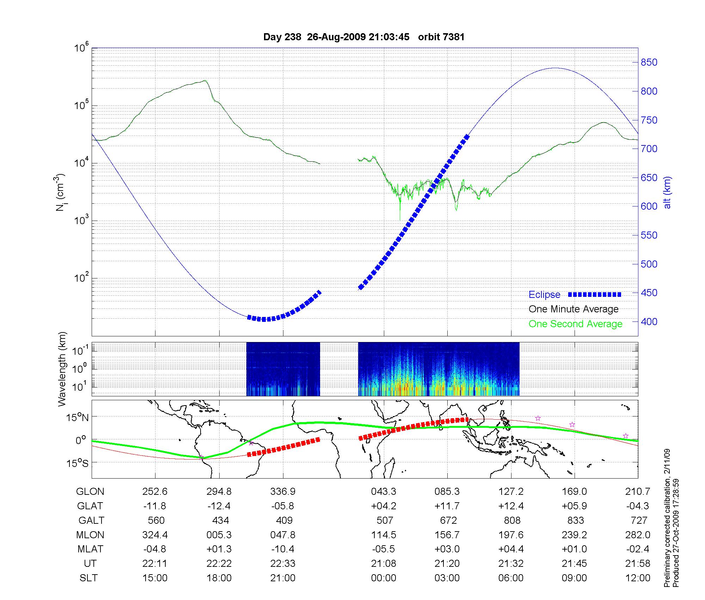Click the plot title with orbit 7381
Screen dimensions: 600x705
[x=364, y=37]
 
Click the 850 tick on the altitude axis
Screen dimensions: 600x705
[x=649, y=62]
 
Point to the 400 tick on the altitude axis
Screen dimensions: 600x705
[x=649, y=322]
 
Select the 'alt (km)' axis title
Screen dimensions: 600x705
[x=667, y=192]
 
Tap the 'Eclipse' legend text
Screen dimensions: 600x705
[x=544, y=295]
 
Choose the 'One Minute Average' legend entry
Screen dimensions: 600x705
[x=574, y=309]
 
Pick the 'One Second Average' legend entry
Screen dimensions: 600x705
[x=575, y=324]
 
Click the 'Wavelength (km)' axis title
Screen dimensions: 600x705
[x=62, y=369]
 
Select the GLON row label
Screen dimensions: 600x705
[x=90, y=492]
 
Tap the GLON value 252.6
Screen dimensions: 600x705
[x=155, y=492]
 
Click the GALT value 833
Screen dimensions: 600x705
[x=575, y=521]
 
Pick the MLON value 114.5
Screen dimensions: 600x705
[x=384, y=535]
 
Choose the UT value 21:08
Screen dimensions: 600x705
[x=384, y=564]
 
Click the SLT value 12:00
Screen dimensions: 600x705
[x=638, y=578]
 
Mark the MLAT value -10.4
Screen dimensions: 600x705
[x=283, y=549]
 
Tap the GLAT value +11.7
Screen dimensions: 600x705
[x=447, y=506]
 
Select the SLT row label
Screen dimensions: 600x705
[x=88, y=578]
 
